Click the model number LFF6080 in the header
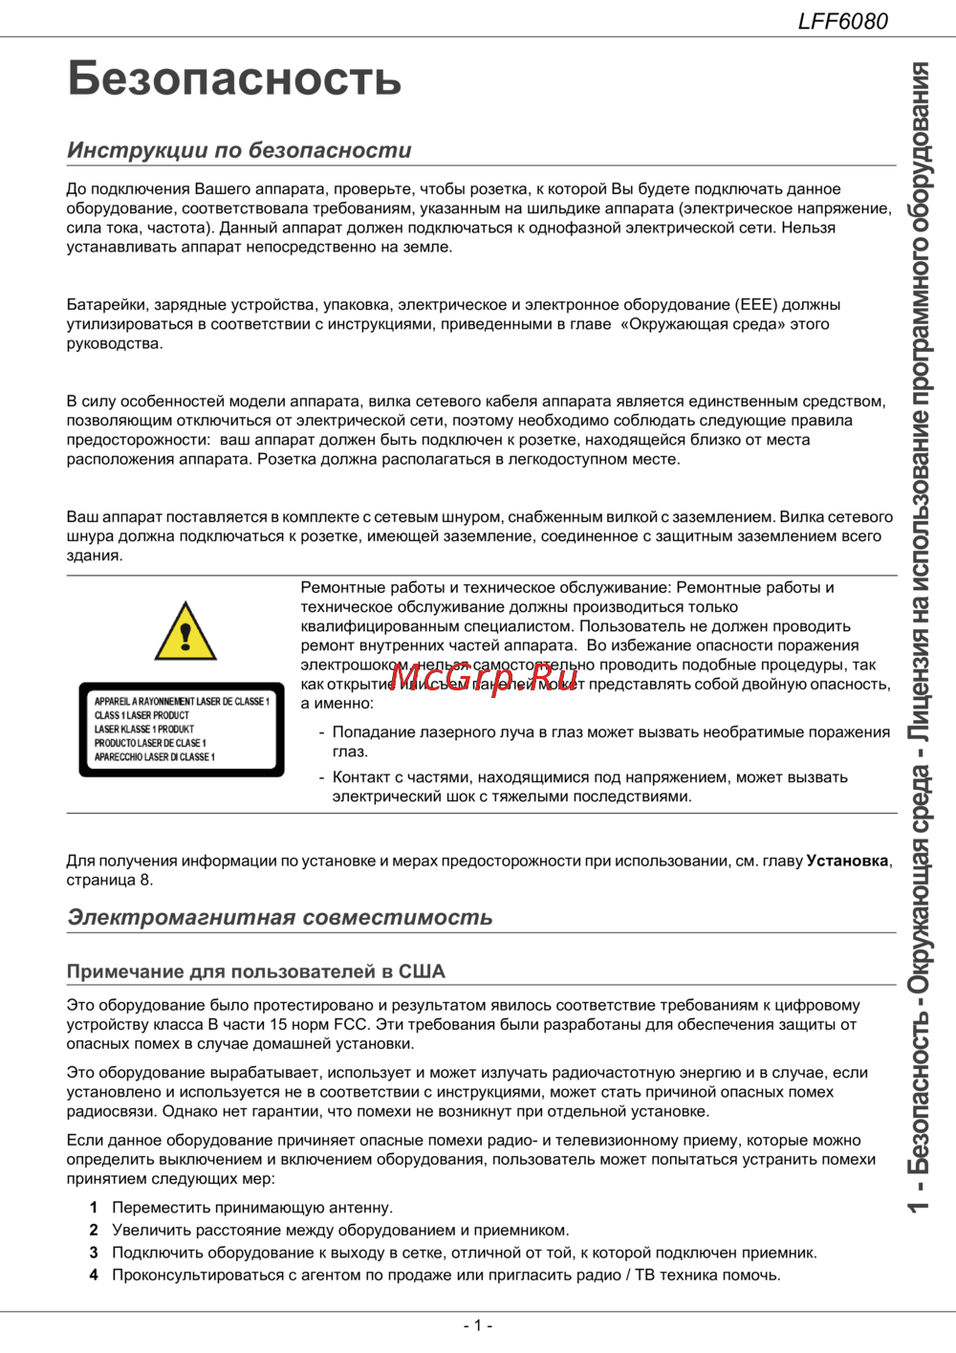[842, 20]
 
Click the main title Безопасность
[234, 78]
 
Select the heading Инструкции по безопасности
[239, 150]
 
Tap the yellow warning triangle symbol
[185, 632]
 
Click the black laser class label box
[182, 730]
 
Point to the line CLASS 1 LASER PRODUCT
[141, 715]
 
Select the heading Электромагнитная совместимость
[279, 917]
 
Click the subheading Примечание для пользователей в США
[255, 971]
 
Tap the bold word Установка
[847, 861]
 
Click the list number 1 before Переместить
[94, 1208]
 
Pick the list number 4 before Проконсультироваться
[94, 1275]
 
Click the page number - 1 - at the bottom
[477, 1325]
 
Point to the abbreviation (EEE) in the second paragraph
[756, 305]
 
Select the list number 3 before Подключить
[94, 1253]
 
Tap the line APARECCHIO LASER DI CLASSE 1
[155, 757]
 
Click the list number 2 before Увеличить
[94, 1231]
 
